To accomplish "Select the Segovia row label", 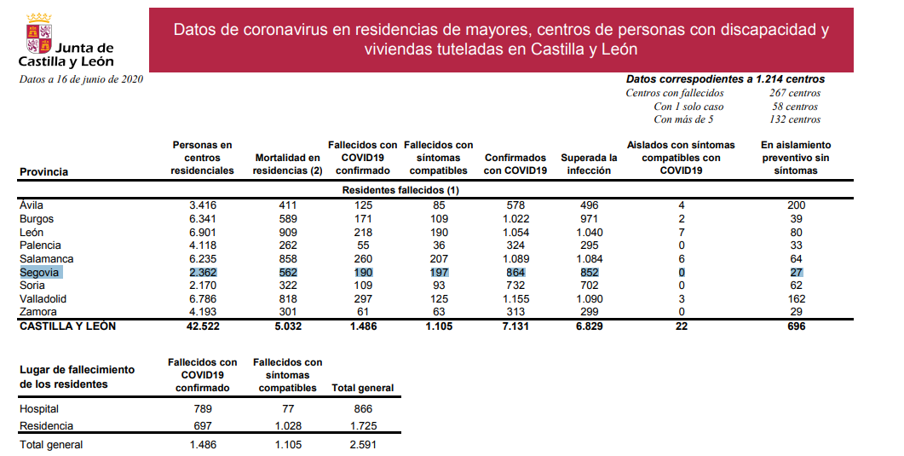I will [39, 273].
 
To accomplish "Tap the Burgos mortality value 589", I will [287, 219].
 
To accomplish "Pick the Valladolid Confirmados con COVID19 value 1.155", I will [515, 299].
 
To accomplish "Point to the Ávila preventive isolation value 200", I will [796, 205].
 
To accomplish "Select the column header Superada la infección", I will [589, 164].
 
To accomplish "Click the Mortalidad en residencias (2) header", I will [287, 164].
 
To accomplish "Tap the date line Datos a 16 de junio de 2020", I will [81, 79].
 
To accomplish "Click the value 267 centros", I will [794, 93].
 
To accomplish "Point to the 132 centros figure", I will [794, 119].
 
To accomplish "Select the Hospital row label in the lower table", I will [39, 409].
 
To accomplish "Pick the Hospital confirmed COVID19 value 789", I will [202, 409].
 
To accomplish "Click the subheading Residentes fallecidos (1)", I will [400, 190].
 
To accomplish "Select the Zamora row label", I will [38, 313].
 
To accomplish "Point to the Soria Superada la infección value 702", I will [589, 286].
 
